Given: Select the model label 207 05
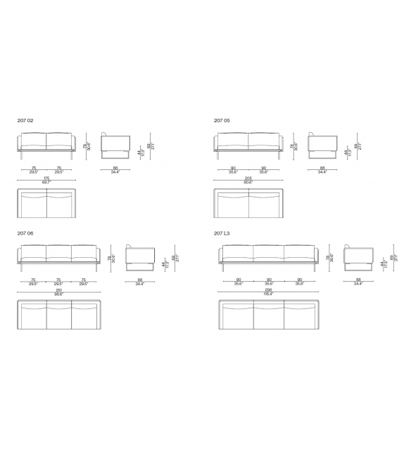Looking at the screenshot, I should coord(222,120).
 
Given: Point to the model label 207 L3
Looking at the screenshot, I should coord(222,232).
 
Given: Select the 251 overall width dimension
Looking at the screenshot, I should coord(59,291).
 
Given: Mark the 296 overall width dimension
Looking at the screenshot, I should coord(268,291).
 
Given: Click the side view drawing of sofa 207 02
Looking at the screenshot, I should coord(115,146).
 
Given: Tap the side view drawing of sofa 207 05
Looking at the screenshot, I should coord(322,146).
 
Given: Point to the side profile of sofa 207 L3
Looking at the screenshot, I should coord(358,257).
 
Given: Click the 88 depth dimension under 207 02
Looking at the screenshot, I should coord(115,169).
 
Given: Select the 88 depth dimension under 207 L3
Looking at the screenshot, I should coord(358,281).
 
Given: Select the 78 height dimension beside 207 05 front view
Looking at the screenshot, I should coord(293,145).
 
